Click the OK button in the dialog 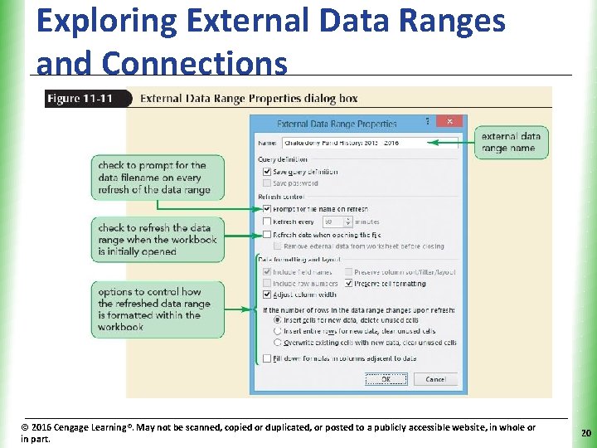[386, 379]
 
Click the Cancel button [435, 379]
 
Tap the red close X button [449, 121]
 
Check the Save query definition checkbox [266, 172]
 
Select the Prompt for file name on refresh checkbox [266, 209]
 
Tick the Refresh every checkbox [266, 222]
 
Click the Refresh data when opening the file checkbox [266, 235]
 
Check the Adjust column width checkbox [266, 294]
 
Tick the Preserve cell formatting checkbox [348, 283]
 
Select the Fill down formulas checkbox [266, 358]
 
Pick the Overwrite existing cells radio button [277, 342]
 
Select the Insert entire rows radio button [277, 331]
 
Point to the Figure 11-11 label [80, 99]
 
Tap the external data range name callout [510, 142]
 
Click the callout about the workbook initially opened [157, 240]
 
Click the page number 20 [585, 433]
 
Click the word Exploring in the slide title [94, 21]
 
